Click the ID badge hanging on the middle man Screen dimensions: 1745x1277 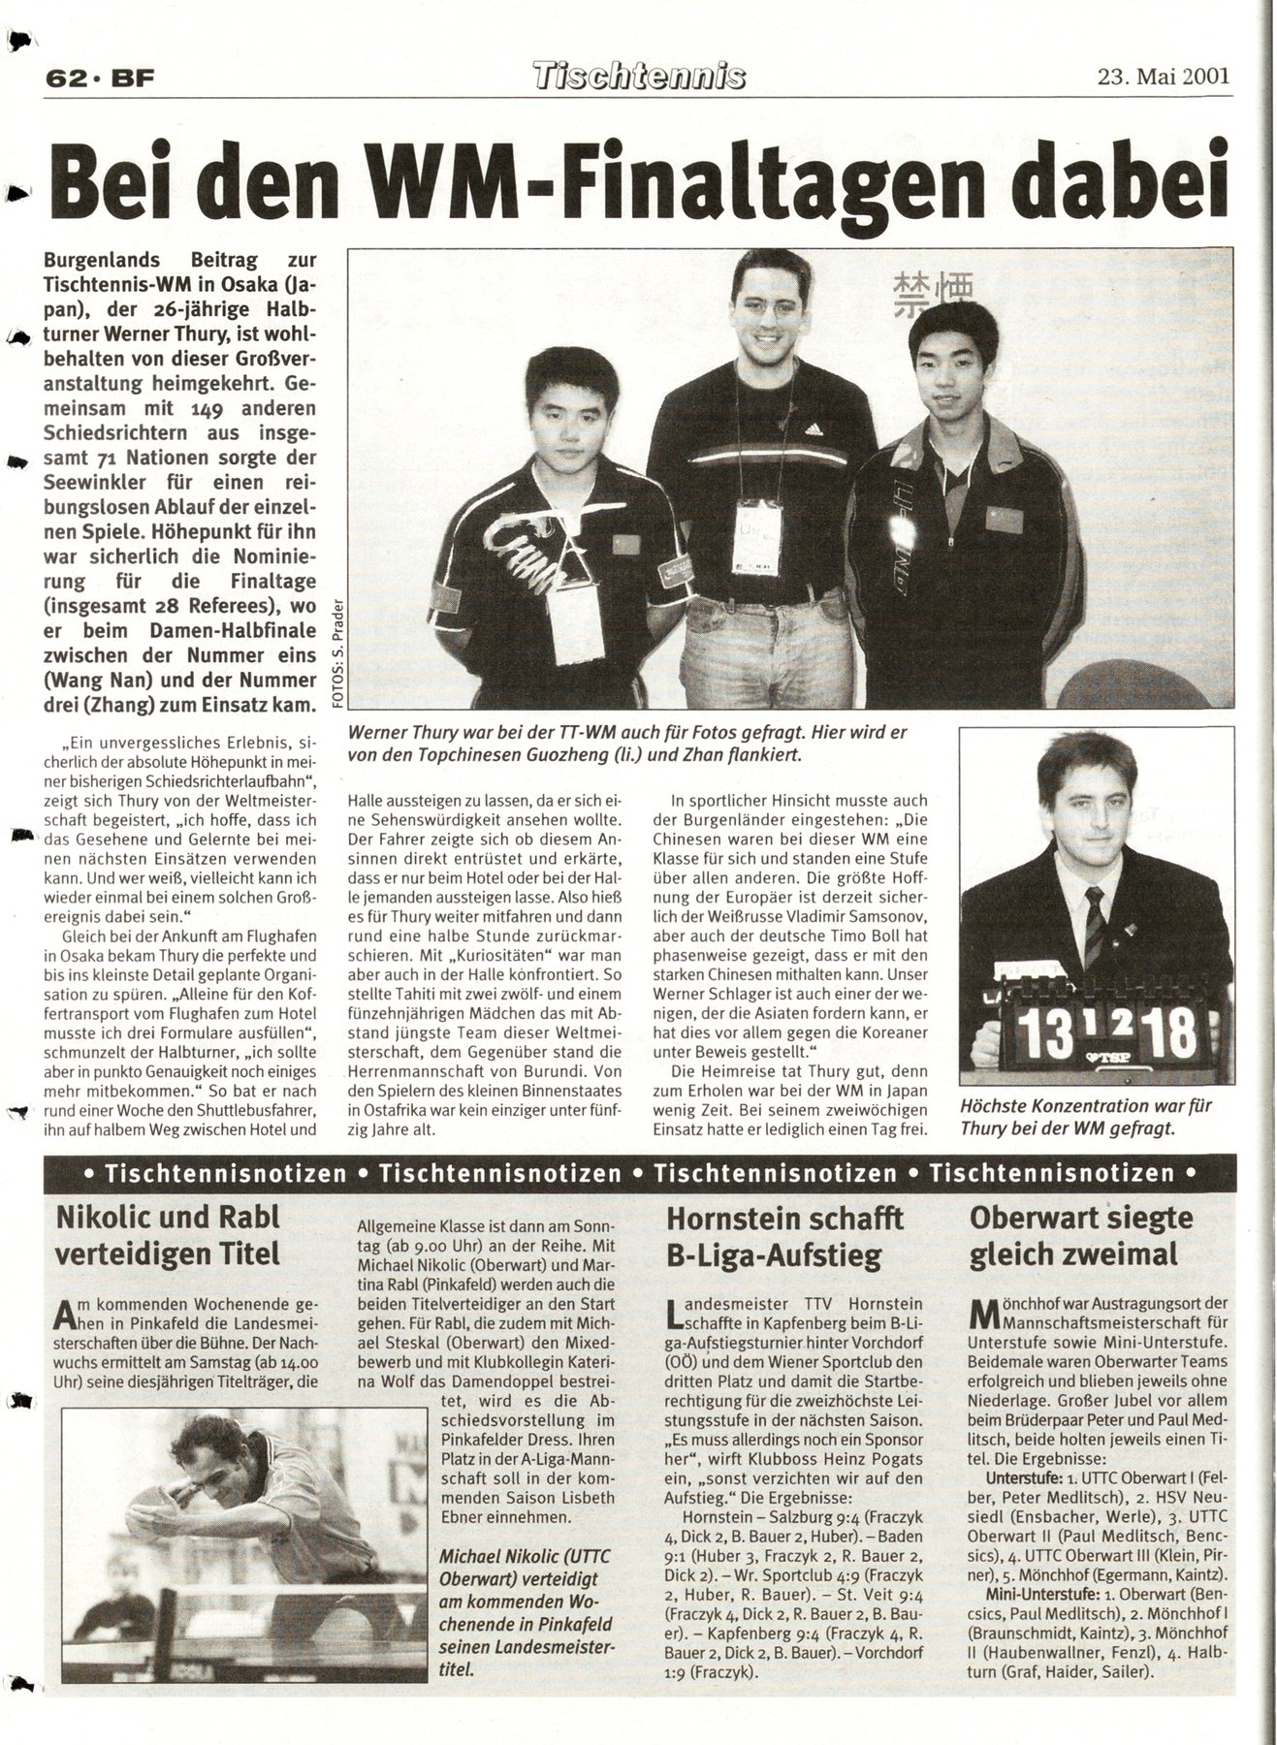pyautogui.click(x=759, y=538)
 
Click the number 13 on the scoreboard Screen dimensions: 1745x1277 pyautogui.click(x=1040, y=1033)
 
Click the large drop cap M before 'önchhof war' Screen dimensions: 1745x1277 pyautogui.click(x=984, y=1315)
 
